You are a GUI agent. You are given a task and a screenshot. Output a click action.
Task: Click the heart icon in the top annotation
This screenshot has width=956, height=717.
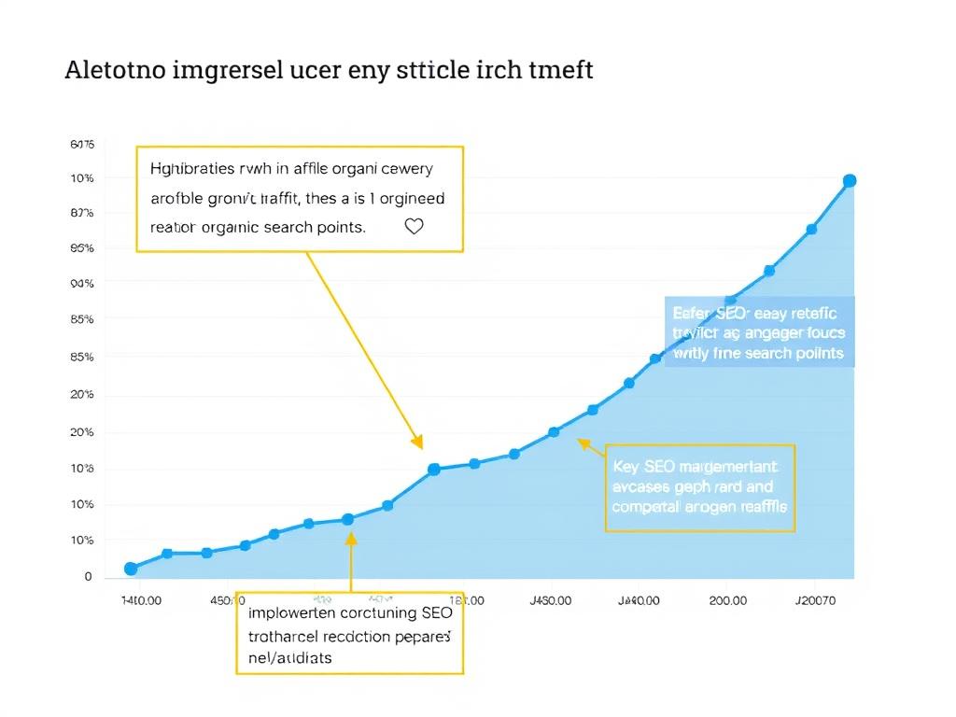pos(414,226)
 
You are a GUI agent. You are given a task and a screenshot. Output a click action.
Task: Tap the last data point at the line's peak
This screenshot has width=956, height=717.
pos(850,181)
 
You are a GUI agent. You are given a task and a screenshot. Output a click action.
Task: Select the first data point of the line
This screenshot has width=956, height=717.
pos(131,569)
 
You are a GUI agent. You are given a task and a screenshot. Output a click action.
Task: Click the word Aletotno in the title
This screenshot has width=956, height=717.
pos(115,71)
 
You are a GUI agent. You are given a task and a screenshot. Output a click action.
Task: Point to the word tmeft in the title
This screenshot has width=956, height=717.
pos(561,71)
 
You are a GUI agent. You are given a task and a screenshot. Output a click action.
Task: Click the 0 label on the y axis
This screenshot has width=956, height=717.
pos(88,577)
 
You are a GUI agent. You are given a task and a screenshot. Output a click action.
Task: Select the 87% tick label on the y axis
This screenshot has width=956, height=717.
pos(82,213)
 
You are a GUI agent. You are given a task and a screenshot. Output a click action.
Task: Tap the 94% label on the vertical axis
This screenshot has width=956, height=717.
pos(82,283)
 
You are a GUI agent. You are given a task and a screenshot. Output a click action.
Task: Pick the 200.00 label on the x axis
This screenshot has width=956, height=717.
pos(728,601)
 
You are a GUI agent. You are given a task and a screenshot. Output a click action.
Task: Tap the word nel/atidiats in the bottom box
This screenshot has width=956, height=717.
pos(289,657)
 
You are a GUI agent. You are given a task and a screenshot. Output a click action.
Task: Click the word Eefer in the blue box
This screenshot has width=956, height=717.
pos(690,313)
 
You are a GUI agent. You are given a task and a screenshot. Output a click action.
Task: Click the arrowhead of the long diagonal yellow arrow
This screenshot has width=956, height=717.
pos(418,443)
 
